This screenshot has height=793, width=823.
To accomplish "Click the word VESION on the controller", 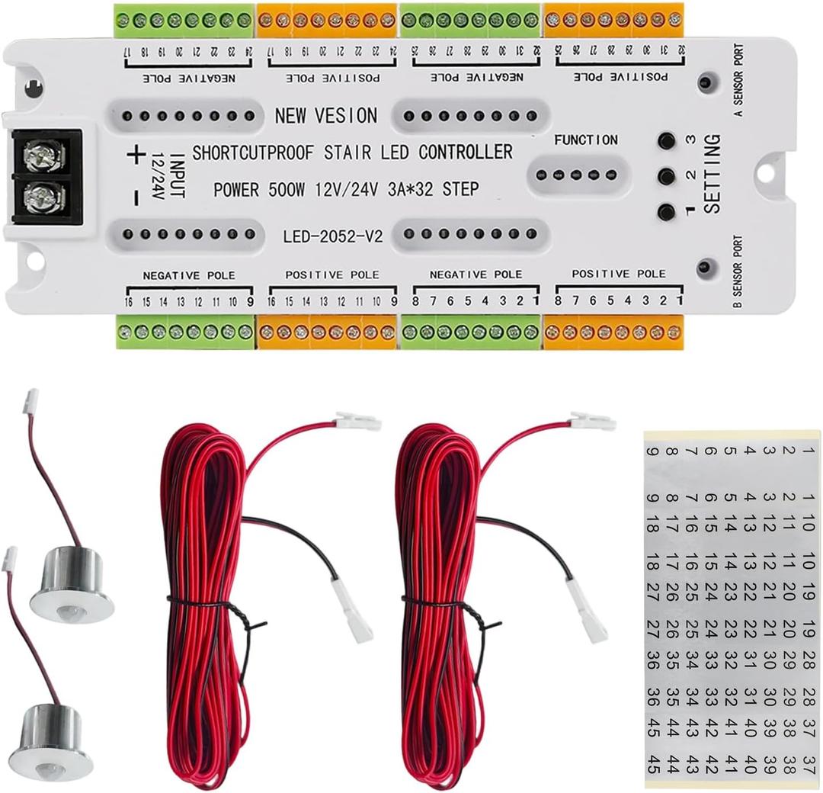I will coord(347,116).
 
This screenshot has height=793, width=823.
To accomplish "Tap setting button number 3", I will coord(668,141).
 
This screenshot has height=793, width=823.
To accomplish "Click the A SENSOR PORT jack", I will coord(706,82).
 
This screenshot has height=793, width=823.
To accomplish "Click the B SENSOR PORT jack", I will coord(705,267).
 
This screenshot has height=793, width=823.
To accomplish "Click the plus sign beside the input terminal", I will coord(136,156).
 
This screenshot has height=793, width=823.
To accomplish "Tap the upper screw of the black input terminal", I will coord(36,157).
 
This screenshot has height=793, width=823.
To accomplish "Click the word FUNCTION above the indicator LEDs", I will coord(585,140).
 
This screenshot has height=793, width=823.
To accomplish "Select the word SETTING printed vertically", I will coord(712,174).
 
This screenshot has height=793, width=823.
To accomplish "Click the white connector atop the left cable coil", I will coord(357,422).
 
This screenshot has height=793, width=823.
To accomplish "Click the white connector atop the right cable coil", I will coord(592,421).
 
